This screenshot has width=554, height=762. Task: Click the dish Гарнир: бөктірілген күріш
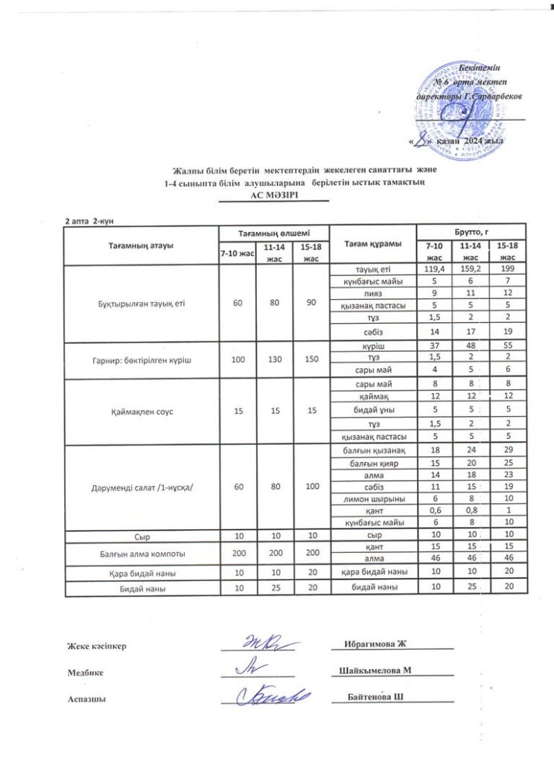141,359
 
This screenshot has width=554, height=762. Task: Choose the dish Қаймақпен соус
141,412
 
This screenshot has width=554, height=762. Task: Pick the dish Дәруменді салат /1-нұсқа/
141,487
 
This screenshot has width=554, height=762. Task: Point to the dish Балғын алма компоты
141,553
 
